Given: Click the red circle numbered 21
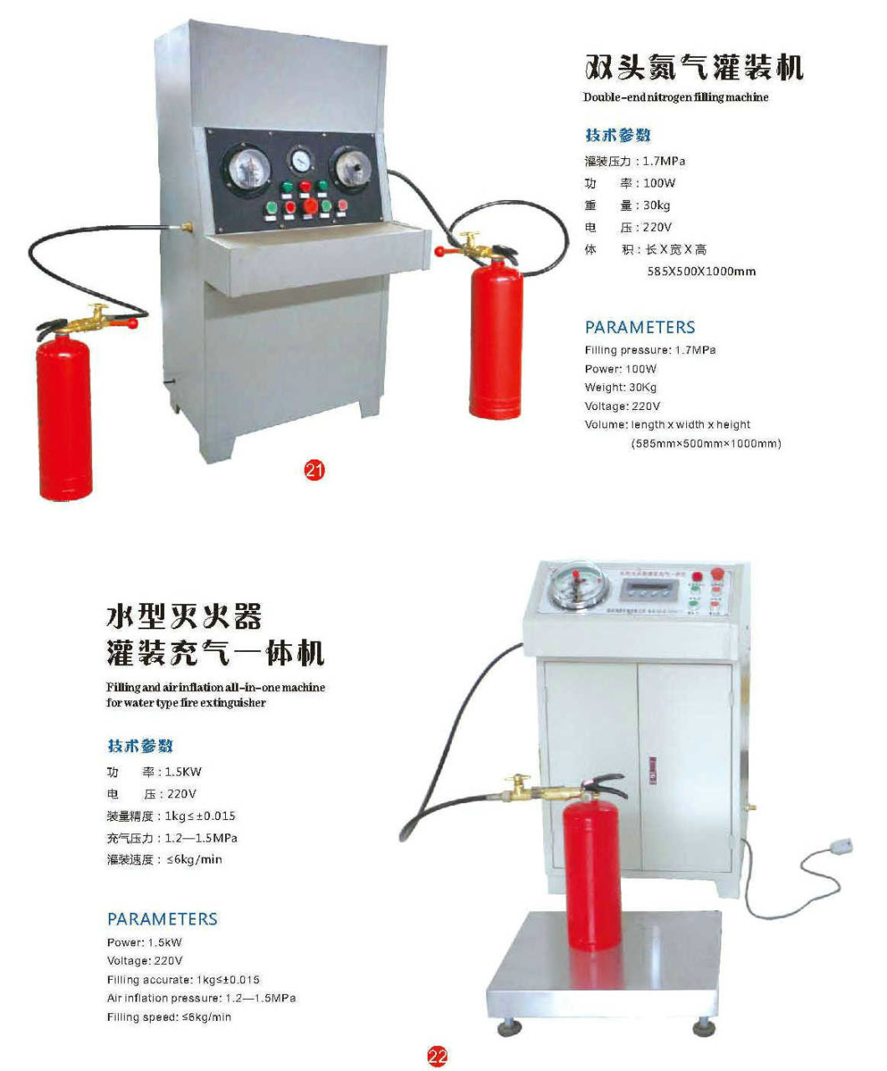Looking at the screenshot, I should click(314, 470).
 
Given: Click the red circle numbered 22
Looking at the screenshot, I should click(437, 1056).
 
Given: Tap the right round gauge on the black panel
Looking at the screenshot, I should click(351, 165).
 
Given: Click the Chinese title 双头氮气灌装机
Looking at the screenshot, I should click(693, 67).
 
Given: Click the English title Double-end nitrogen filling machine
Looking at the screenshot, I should click(675, 97).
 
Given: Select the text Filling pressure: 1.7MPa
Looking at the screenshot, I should click(649, 350).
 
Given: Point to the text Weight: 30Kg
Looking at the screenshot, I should click(620, 387).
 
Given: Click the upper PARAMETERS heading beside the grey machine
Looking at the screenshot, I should click(639, 327).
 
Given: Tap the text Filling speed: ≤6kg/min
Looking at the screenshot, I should click(169, 1017).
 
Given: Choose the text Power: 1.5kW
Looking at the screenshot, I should click(144, 942).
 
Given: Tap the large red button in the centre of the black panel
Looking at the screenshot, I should click(310, 206).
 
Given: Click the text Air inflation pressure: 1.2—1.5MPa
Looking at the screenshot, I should click(201, 998).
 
